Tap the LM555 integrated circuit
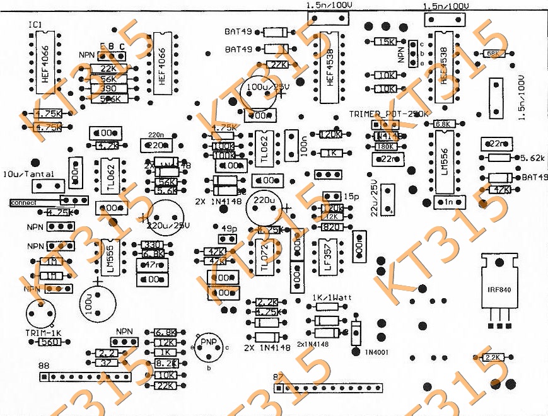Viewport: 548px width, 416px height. [x=109, y=255]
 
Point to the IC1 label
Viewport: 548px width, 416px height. [x=35, y=24]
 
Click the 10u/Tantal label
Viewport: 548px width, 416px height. [x=28, y=174]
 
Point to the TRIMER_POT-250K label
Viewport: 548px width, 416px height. [x=389, y=114]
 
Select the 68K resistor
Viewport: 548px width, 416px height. [x=493, y=54]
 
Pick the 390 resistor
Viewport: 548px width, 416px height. [x=108, y=89]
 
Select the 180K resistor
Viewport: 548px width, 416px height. [x=383, y=147]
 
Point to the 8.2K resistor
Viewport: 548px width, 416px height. [x=165, y=364]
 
